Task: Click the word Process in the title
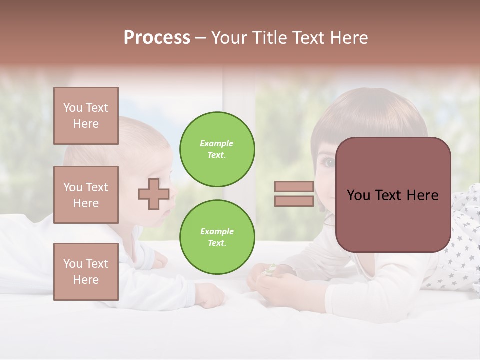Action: (157, 38)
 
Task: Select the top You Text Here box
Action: (86, 116)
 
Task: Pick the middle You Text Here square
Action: (86, 195)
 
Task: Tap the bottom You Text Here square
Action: (86, 271)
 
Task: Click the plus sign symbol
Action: (154, 194)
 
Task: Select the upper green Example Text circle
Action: (217, 149)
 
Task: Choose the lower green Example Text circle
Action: (217, 237)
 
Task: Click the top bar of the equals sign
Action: (294, 187)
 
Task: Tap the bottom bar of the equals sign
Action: (294, 201)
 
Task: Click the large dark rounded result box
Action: (393, 195)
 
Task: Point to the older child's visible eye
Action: (329, 162)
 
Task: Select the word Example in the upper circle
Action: (217, 143)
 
